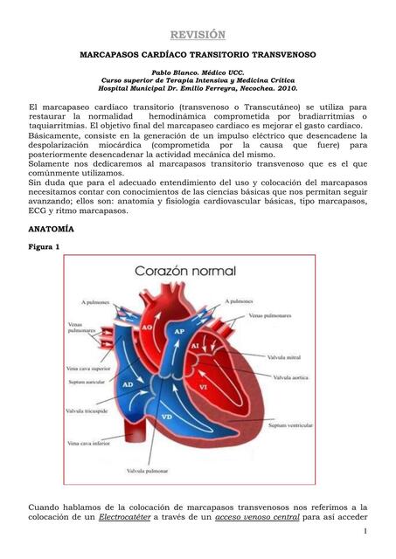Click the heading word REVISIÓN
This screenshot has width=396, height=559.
(x=198, y=34)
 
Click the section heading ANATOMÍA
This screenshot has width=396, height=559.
(x=51, y=229)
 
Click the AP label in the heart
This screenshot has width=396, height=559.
(x=178, y=333)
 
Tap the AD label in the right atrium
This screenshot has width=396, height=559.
(x=128, y=384)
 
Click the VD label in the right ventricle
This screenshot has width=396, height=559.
(x=168, y=417)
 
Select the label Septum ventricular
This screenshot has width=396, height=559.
(x=289, y=425)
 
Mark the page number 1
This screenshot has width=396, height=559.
(x=364, y=532)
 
